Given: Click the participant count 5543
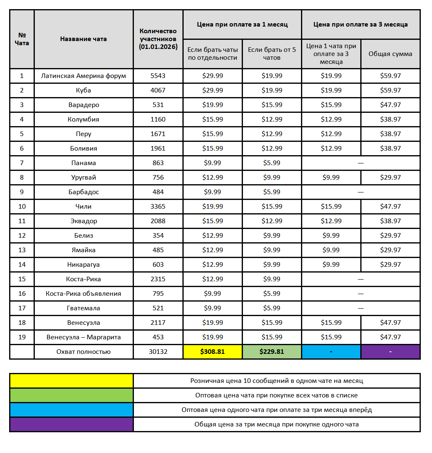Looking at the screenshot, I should coord(158,76).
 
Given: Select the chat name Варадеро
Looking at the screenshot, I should coord(84,105).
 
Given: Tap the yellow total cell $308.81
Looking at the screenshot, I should coord(212,352).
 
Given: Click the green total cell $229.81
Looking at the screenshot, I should coord(272,352).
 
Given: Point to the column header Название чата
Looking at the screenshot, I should coord(83,39).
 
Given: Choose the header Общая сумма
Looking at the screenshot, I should coord(390,54).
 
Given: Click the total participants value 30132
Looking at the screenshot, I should coord(158,352).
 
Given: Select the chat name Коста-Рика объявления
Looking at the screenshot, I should coord(83,294).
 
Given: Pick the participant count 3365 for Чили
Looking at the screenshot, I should coord(158,207).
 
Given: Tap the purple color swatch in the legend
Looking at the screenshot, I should coord(71,424).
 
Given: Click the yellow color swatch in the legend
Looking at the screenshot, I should coord(71,381).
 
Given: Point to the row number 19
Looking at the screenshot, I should coord(22,337).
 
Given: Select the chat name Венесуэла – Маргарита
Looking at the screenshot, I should coord(84,337).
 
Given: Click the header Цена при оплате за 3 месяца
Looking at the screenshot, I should coord(360,24).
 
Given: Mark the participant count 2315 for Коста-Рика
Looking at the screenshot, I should coord(158,279).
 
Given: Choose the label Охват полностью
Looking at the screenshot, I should coord(83,352).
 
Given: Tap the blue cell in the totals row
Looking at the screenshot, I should coord(331,352).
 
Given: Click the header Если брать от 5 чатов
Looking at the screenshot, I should coord(272,54).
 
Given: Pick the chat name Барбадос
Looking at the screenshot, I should coord(84,192).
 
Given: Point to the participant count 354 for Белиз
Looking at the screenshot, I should coord(158,236).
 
